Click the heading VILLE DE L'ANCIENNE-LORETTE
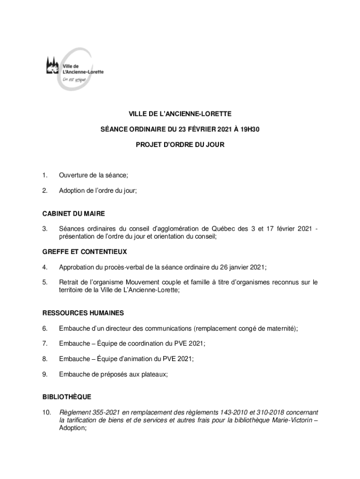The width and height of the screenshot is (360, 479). [180, 114]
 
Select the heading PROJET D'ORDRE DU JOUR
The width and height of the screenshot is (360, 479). [180, 145]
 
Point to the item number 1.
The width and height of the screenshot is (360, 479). [44, 175]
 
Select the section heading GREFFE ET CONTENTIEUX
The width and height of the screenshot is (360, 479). [84, 252]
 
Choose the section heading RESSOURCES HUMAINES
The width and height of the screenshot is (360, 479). [83, 313]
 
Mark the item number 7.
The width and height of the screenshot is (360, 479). [44, 343]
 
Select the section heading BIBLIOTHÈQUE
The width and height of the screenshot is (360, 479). [66, 397]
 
